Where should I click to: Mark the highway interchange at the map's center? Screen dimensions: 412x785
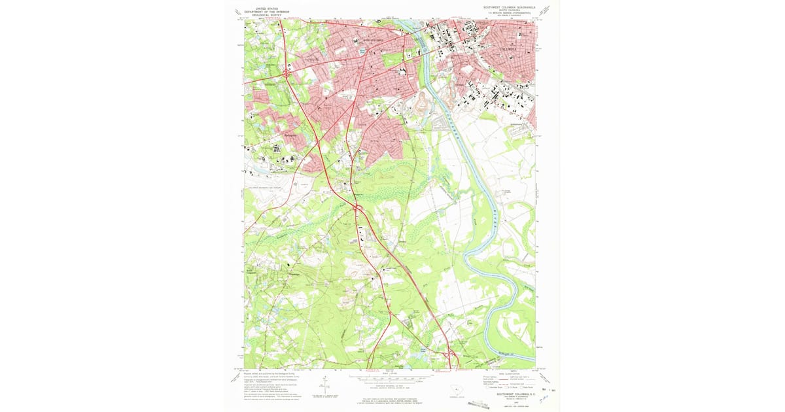pyautogui.click(x=358, y=209)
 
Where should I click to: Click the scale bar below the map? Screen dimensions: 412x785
pyautogui.click(x=390, y=378)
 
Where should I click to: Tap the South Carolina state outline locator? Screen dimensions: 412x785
pyautogui.click(x=452, y=392)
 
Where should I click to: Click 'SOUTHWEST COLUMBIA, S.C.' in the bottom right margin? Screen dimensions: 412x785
pyautogui.click(x=510, y=395)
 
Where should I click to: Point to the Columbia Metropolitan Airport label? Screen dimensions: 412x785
pyautogui.click(x=268, y=188)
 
